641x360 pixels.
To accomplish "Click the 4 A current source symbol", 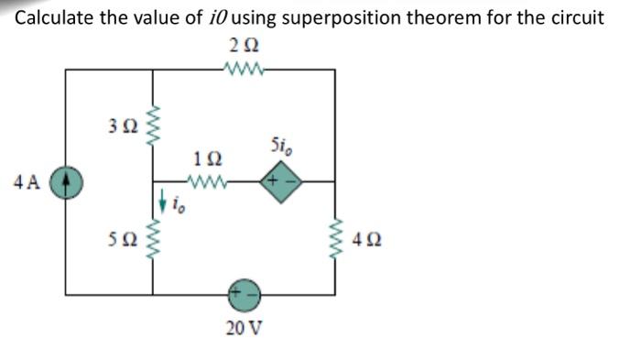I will coord(66,180).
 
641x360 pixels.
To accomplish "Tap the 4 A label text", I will coord(28,180).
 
